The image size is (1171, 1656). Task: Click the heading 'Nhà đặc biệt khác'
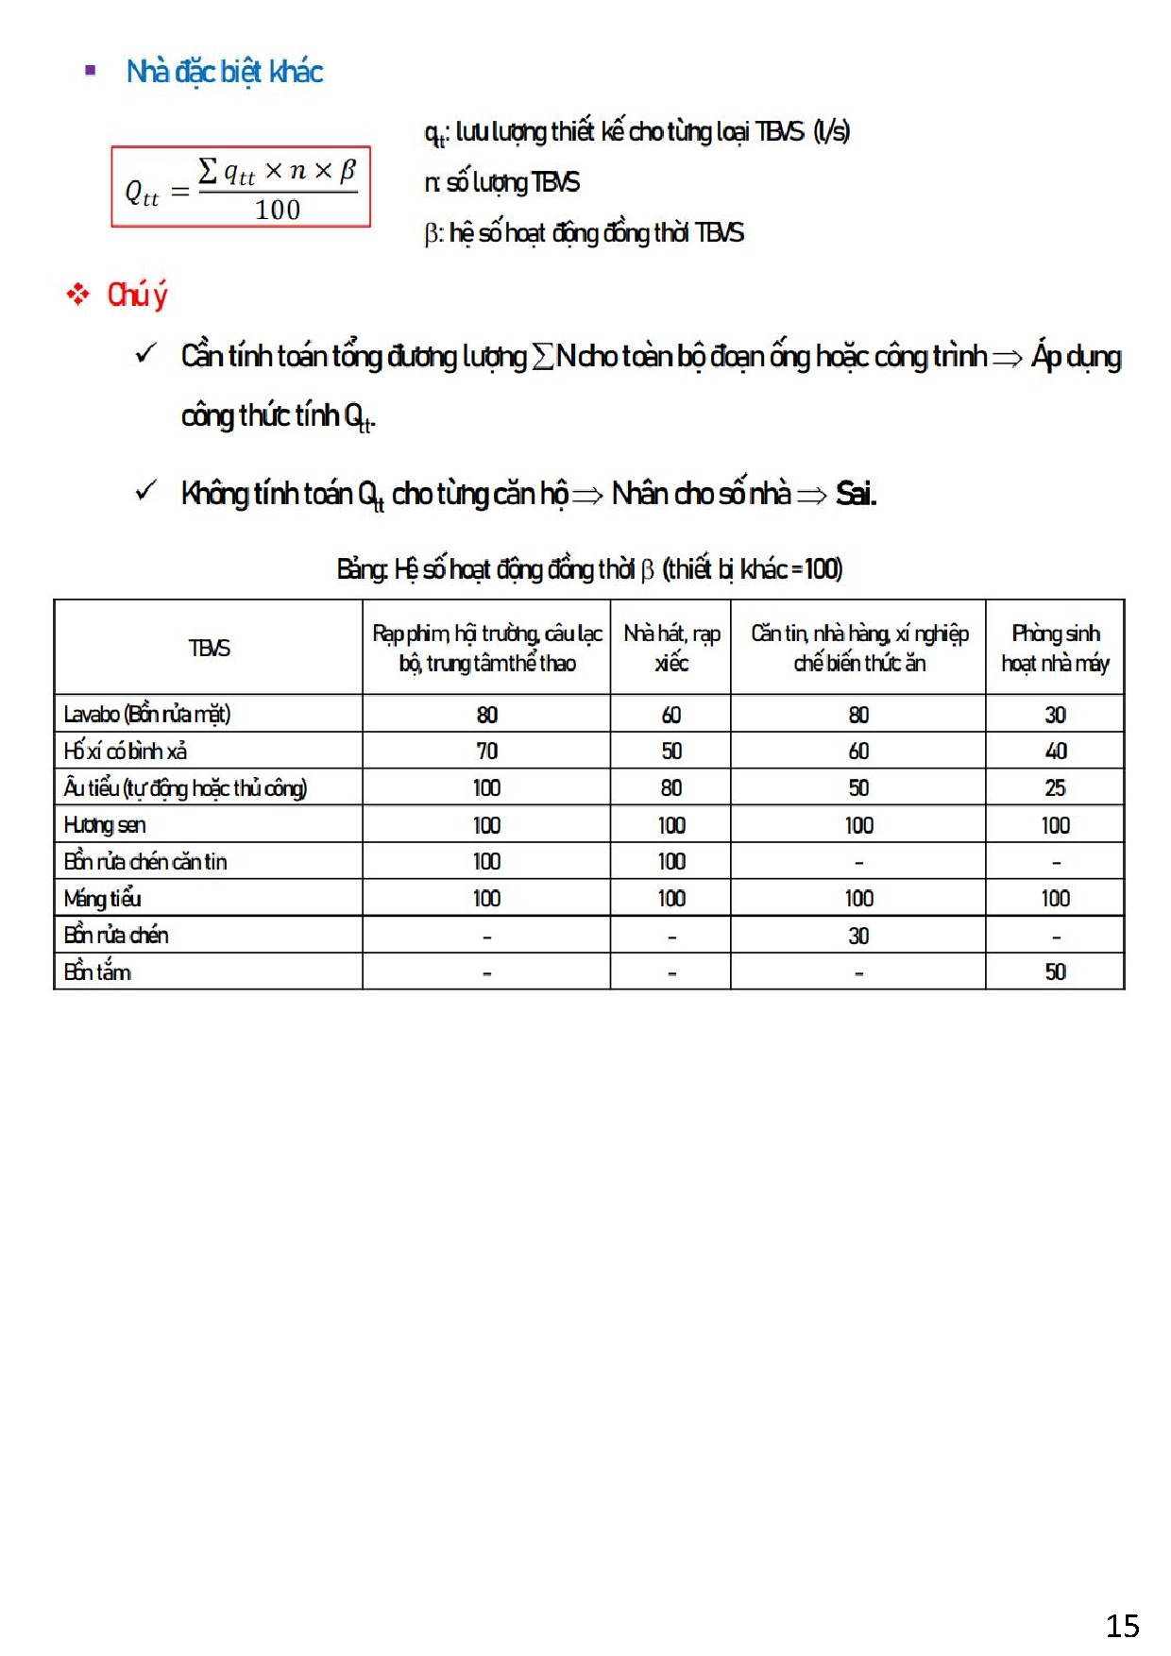[225, 72]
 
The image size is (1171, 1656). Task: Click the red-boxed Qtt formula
[241, 187]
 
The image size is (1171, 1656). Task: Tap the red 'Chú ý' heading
[137, 295]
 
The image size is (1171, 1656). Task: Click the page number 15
[1122, 1625]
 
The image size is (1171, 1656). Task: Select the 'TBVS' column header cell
[209, 648]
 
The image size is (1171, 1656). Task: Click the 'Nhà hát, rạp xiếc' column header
[671, 648]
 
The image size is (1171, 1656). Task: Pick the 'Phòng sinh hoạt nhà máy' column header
[1055, 648]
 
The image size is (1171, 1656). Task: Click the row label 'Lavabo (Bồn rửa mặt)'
[147, 714]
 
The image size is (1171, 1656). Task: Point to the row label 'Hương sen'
[105, 825]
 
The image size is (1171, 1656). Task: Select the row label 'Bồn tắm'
[97, 972]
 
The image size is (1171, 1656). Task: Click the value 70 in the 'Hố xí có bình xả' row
[486, 752]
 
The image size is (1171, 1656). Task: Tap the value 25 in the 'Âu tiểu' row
[1055, 788]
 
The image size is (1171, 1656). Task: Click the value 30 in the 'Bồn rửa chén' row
[858, 936]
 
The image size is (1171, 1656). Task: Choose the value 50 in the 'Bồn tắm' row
[1055, 972]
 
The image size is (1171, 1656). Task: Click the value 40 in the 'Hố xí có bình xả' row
[1055, 752]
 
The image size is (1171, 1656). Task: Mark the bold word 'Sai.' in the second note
[856, 494]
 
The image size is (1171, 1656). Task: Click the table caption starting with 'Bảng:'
[589, 569]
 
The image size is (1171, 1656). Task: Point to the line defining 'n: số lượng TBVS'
[502, 182]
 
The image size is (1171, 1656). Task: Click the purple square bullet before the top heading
[91, 71]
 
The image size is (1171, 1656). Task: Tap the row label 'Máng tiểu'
[103, 899]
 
